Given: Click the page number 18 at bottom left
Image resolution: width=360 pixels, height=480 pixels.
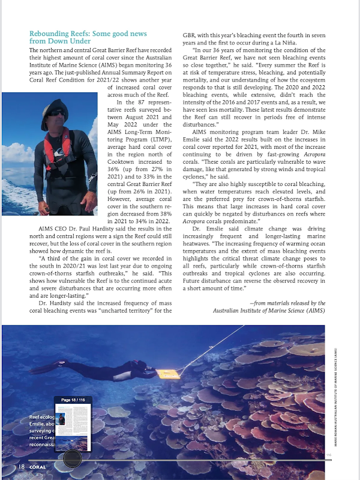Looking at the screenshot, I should [21, 466].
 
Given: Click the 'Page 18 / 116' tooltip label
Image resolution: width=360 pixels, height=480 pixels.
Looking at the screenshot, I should [73, 400].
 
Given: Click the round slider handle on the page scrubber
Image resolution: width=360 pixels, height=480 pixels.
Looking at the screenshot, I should [73, 458].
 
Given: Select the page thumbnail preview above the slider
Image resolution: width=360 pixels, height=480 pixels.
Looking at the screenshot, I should [73, 427].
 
